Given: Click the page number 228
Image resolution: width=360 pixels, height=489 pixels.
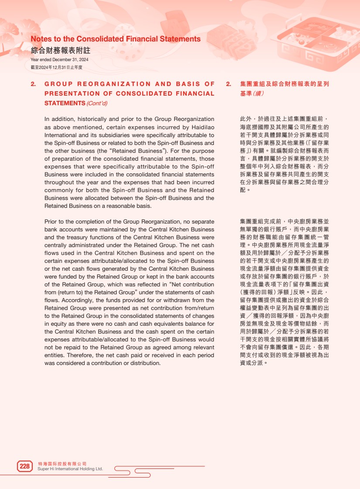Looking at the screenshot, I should pyautogui.click(x=25, y=466).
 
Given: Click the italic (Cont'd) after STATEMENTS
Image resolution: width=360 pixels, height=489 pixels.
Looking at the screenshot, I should pyautogui.click(x=97, y=103).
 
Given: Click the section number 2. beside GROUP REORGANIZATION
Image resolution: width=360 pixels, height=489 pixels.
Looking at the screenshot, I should pyautogui.click(x=34, y=84).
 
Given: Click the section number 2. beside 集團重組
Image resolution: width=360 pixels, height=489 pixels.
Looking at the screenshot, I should pyautogui.click(x=228, y=84).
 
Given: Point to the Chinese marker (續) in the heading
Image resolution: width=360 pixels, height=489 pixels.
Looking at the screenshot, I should pyautogui.click(x=257, y=93).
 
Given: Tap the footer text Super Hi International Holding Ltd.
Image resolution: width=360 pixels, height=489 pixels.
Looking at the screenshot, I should pyautogui.click(x=70, y=469).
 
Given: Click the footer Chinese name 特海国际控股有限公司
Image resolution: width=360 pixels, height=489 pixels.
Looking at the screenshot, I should pyautogui.click(x=62, y=464).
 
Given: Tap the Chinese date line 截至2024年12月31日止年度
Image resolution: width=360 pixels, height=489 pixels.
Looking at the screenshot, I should pyautogui.click(x=56, y=67).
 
